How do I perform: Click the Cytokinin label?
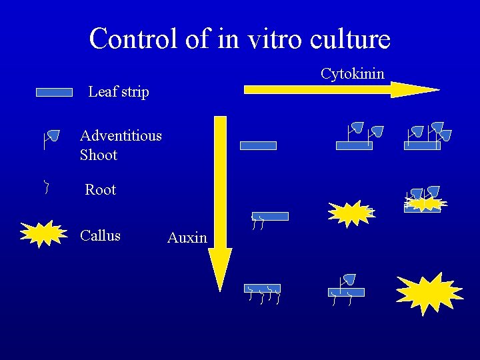pyautogui.click(x=352, y=73)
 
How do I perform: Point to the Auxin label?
pyautogui.click(x=187, y=238)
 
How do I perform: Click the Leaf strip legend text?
pyautogui.click(x=118, y=92)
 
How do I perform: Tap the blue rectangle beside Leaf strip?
pyautogui.click(x=54, y=93)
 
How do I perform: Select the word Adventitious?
pyautogui.click(x=121, y=136)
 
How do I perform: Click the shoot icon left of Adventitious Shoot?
pyautogui.click(x=51, y=138)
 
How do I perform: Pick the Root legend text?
pyautogui.click(x=100, y=190)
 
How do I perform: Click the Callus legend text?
pyautogui.click(x=100, y=235)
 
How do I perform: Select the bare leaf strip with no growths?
pyautogui.click(x=258, y=145)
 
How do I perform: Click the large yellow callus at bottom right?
pyautogui.click(x=429, y=293)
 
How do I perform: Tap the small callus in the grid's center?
pyautogui.click(x=351, y=213)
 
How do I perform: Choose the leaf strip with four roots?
pyautogui.click(x=262, y=289)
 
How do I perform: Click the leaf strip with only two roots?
pyautogui.click(x=269, y=216)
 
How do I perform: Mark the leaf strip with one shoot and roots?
pyautogui.click(x=346, y=291)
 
